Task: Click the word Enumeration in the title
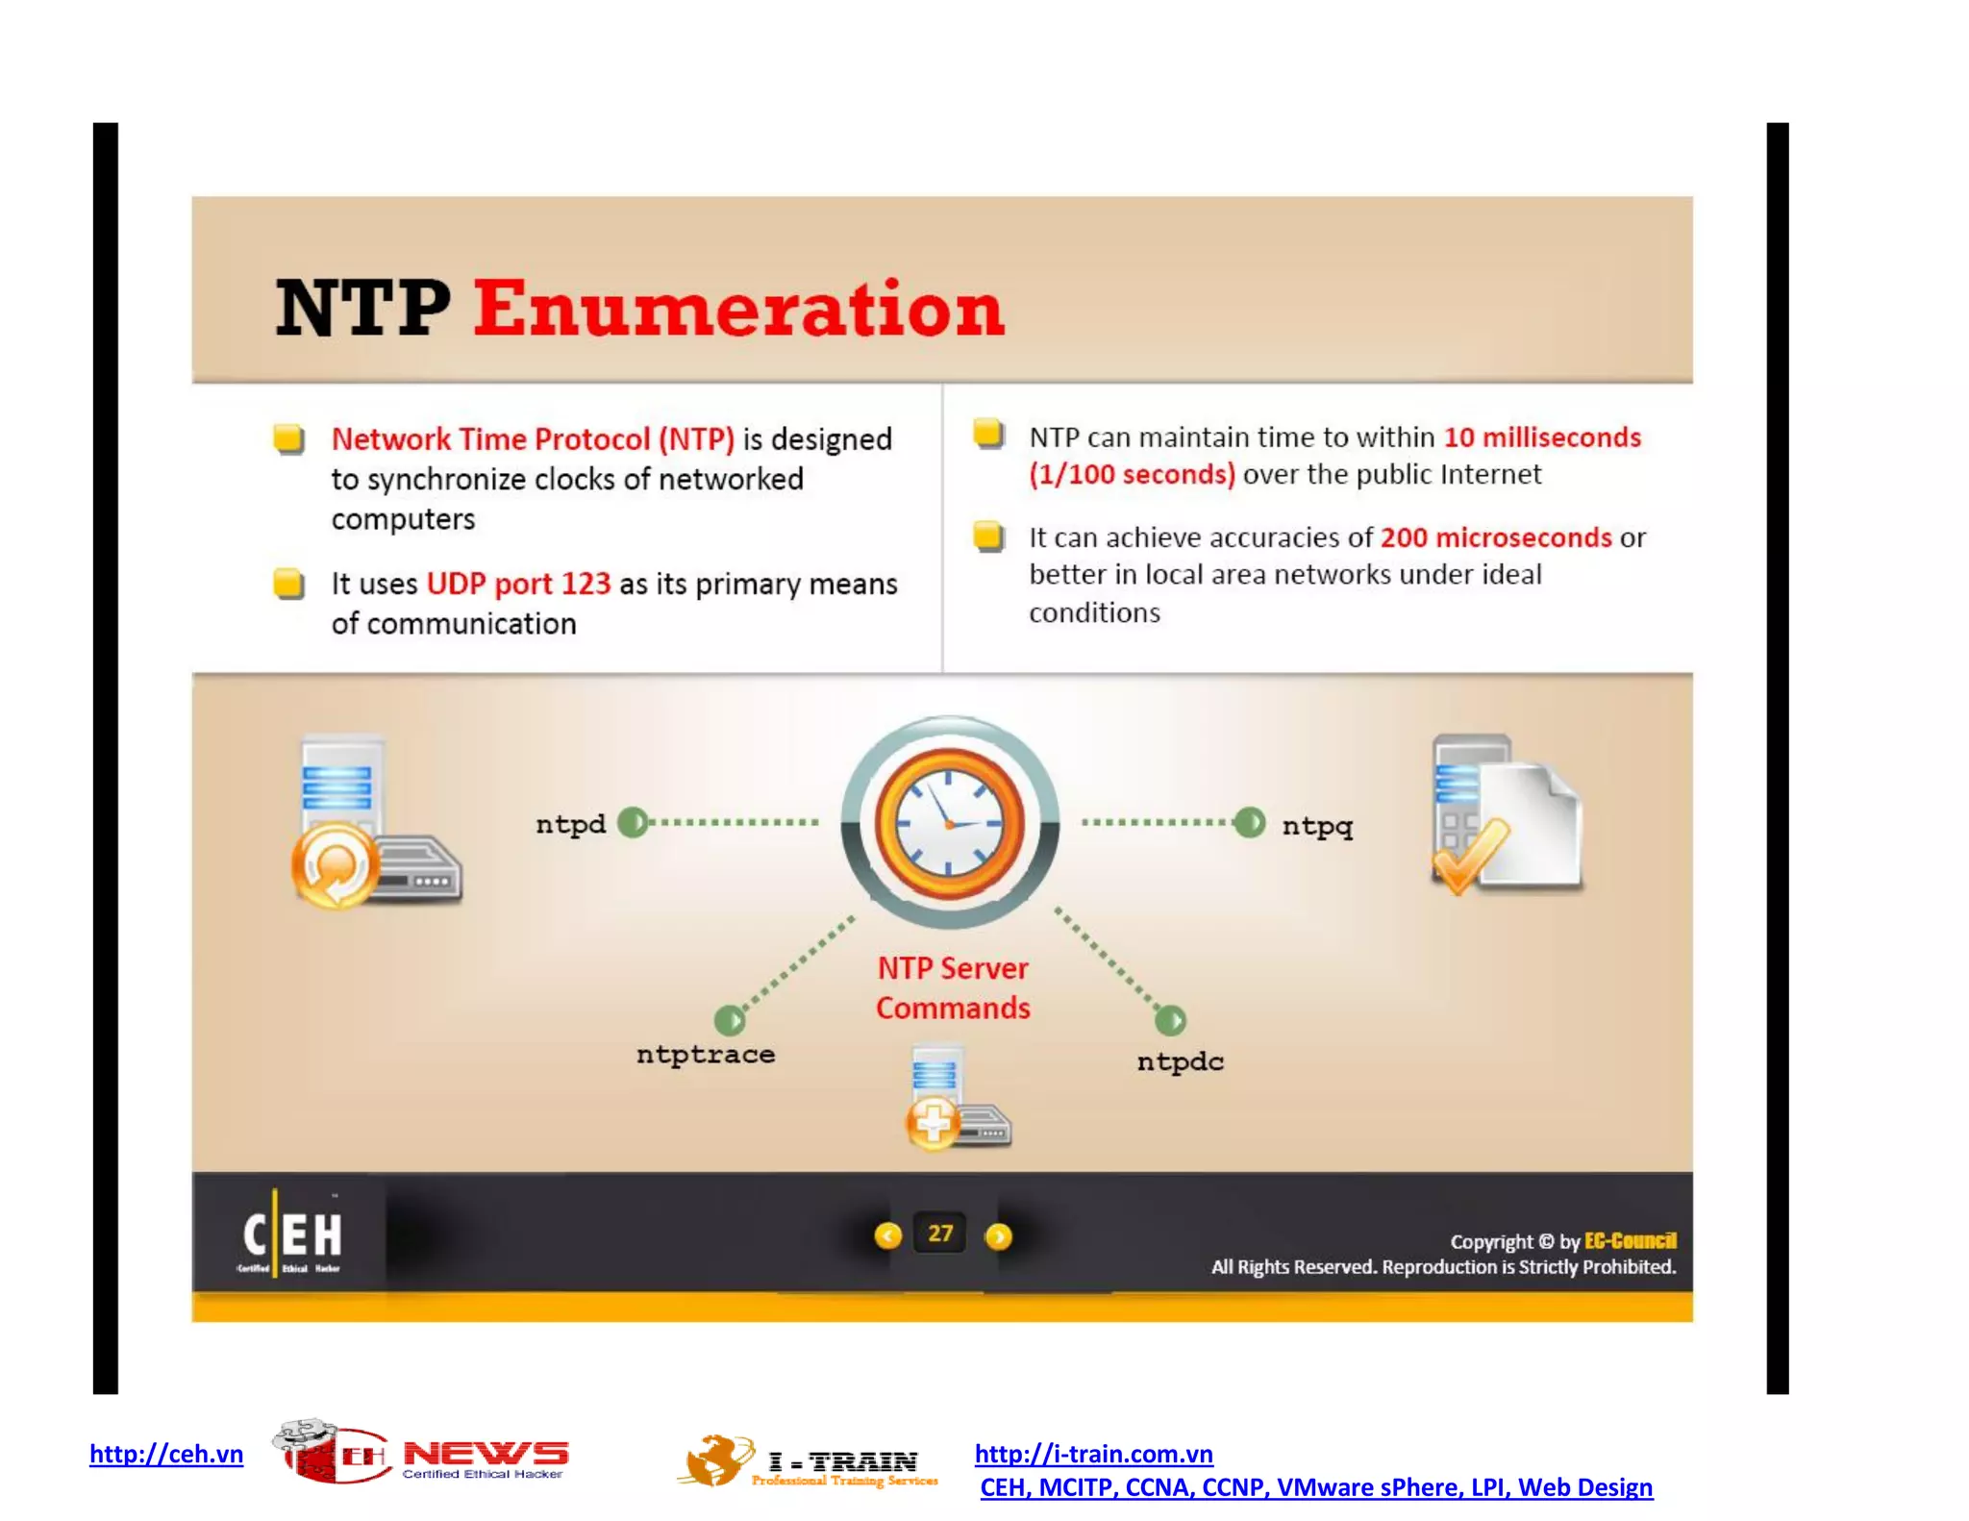pyautogui.click(x=737, y=310)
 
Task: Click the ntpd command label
pyautogui.click(x=570, y=824)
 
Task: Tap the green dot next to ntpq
pyautogui.click(x=1249, y=822)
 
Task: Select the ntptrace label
pyautogui.click(x=705, y=1054)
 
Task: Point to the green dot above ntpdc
pyautogui.click(x=1170, y=1019)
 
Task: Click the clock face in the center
pyautogui.click(x=949, y=823)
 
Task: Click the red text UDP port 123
pyautogui.click(x=518, y=584)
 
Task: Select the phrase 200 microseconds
pyautogui.click(x=1495, y=537)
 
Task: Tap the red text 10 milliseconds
pyautogui.click(x=1541, y=437)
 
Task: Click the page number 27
pyautogui.click(x=940, y=1234)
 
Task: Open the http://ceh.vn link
pyautogui.click(x=166, y=1454)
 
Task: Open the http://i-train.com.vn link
pyautogui.click(x=1093, y=1454)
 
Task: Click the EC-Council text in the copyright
pyautogui.click(x=1630, y=1240)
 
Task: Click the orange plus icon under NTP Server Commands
pyautogui.click(x=932, y=1122)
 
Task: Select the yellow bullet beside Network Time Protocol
pyautogui.click(x=288, y=439)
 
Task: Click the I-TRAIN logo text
pyautogui.click(x=842, y=1462)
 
